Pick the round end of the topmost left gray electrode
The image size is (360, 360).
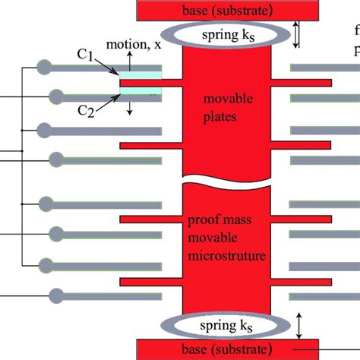pyautogui.click(x=46, y=67)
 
